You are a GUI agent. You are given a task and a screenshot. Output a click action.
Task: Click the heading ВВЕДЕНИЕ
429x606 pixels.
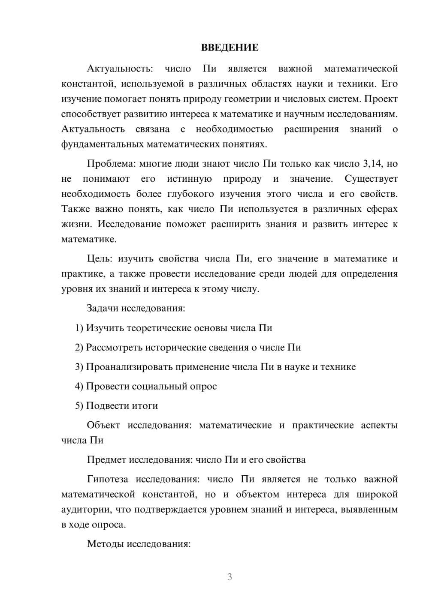click(x=230, y=48)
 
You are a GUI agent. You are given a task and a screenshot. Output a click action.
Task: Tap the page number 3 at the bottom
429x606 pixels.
click(x=230, y=577)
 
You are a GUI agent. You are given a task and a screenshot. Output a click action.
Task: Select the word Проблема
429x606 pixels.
click(x=107, y=163)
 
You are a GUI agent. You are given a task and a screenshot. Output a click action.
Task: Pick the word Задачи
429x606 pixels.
click(x=103, y=308)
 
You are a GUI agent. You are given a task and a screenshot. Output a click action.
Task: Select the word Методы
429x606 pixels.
click(x=104, y=544)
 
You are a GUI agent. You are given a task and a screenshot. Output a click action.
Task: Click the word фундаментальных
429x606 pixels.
click(x=103, y=144)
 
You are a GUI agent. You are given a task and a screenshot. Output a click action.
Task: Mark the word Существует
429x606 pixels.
click(x=371, y=179)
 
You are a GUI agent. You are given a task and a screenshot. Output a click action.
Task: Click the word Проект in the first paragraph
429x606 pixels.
click(x=381, y=99)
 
